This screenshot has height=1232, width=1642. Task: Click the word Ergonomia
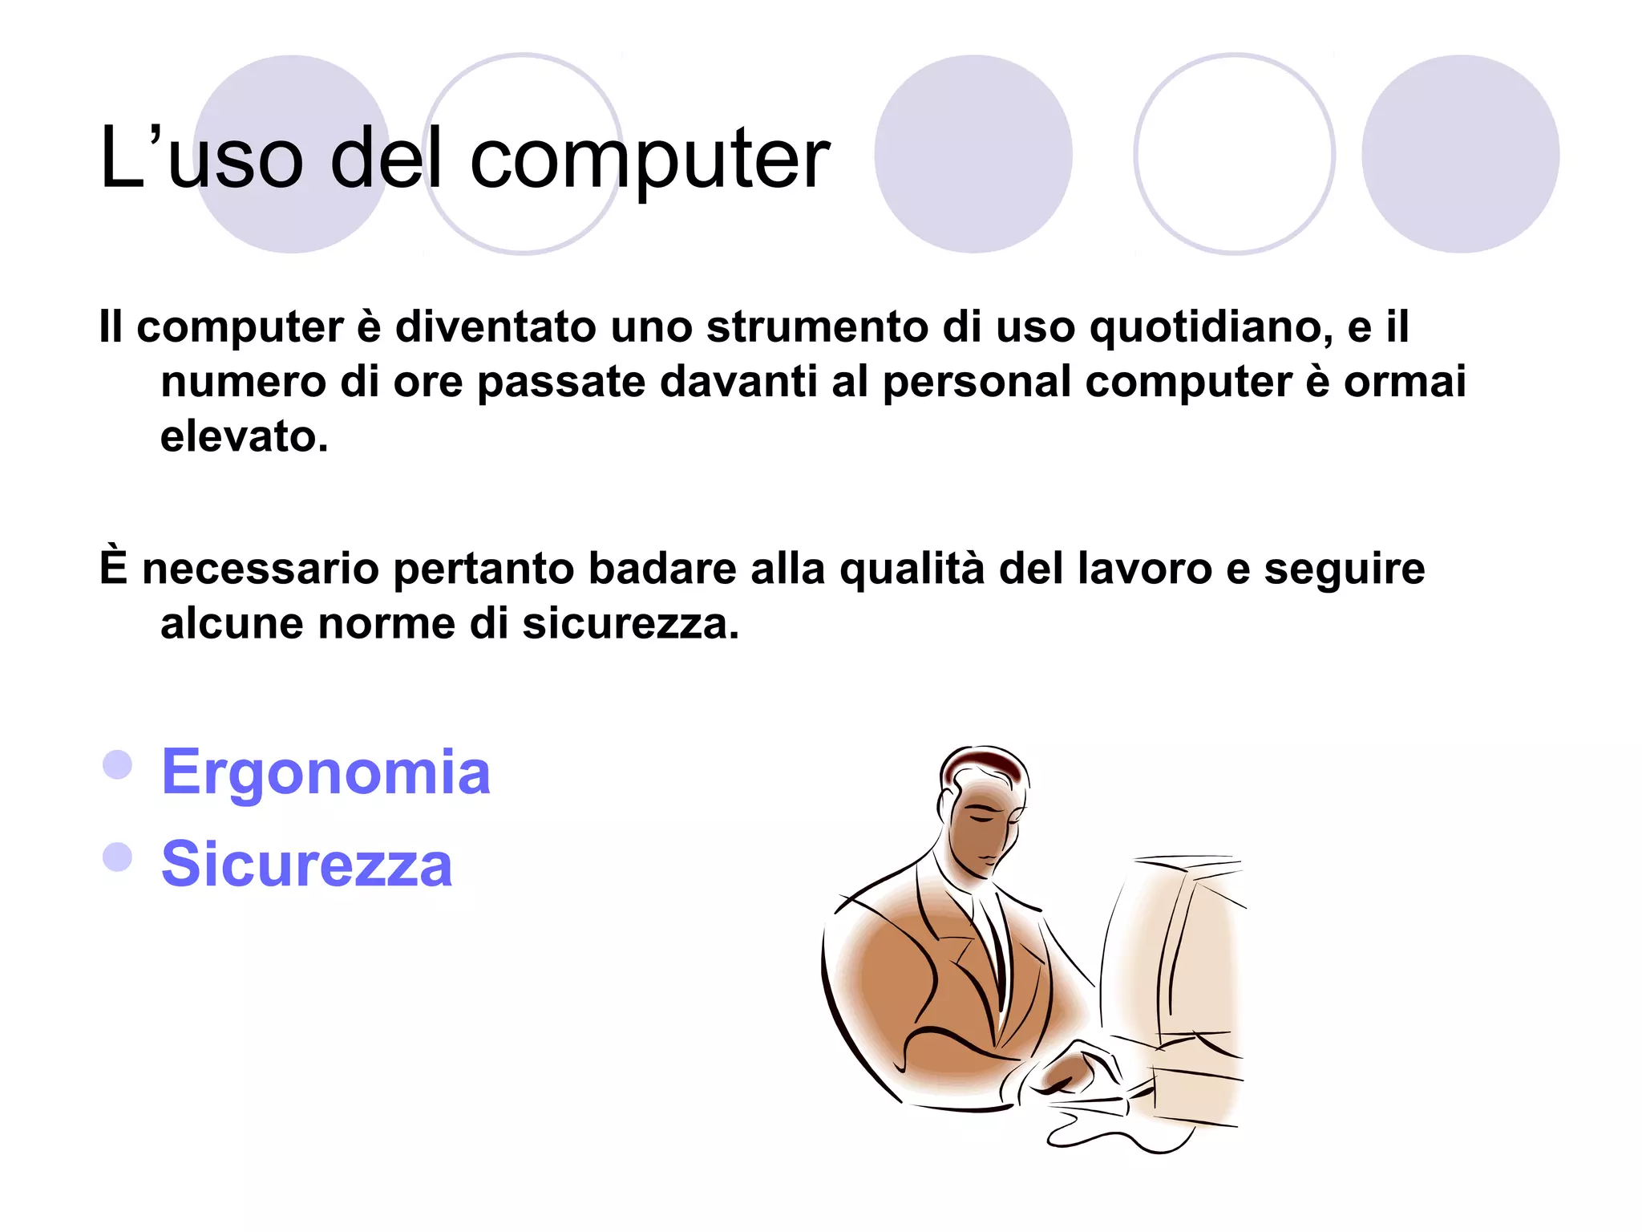(326, 772)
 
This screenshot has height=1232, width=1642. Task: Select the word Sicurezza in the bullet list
(306, 864)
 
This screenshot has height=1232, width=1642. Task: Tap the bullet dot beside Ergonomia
(118, 764)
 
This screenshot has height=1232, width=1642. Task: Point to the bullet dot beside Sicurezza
(118, 857)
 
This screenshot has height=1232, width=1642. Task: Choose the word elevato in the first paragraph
(244, 437)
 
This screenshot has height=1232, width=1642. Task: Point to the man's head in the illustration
(983, 810)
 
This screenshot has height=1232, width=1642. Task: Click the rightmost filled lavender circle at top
(1460, 154)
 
